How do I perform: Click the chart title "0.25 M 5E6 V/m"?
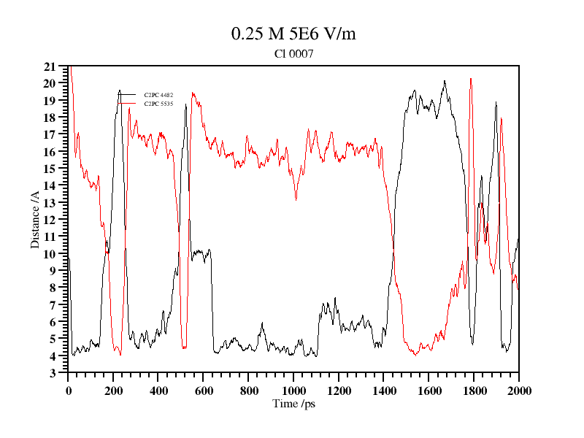pos(293,34)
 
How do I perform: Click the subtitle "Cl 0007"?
pos(293,53)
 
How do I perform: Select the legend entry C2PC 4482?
pos(158,95)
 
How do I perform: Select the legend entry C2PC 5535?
pos(158,104)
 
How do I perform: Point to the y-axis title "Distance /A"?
pos(35,220)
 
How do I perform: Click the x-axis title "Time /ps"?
pos(293,404)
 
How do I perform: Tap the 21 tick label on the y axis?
pos(50,66)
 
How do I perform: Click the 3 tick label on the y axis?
pos(53,373)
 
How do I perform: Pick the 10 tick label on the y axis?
pos(50,254)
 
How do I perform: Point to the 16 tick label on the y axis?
pos(50,152)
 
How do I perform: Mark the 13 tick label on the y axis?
pos(50,203)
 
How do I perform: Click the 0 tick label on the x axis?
pos(69,391)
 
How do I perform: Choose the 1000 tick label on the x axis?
pos(293,391)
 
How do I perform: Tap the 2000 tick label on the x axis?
pos(518,391)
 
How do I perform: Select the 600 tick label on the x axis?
pos(204,391)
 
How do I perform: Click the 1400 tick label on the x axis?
pos(383,391)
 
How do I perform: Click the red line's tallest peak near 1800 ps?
pos(471,78)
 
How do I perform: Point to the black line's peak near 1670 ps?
pos(445,81)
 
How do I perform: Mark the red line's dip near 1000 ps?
pos(296,199)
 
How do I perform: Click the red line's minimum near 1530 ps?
pos(414,355)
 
